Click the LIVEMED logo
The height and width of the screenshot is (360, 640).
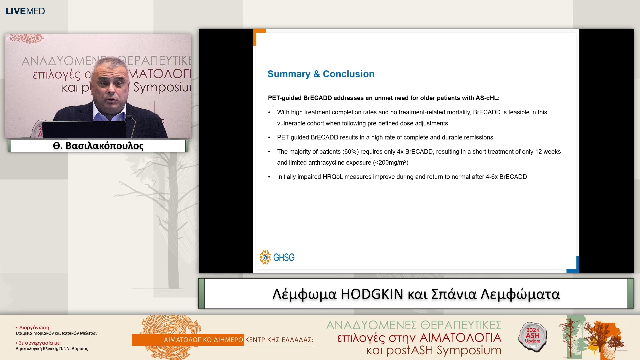25,11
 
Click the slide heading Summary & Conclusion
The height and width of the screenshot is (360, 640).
321,74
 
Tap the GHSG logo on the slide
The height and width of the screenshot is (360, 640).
277,257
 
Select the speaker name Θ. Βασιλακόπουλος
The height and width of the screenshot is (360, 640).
98,146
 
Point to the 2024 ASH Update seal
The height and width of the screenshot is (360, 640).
532,337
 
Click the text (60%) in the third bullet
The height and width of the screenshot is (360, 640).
350,152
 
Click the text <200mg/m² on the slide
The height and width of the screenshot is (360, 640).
391,163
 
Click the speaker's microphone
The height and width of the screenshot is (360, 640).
130,118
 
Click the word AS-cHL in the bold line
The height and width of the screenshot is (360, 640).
487,98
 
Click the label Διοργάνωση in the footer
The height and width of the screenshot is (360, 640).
35,328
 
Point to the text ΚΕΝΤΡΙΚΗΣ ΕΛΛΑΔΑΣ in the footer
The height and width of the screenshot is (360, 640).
279,340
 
